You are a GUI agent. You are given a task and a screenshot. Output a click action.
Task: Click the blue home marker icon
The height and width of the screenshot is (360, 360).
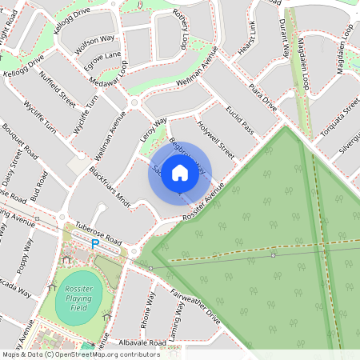pos(180,172)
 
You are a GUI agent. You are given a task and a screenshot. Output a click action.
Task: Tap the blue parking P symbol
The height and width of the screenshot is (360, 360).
pos(95,244)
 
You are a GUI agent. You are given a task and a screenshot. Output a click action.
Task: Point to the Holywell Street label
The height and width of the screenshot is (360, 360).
pos(216,140)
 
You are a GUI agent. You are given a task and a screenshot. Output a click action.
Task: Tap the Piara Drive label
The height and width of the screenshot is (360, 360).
pos(262,95)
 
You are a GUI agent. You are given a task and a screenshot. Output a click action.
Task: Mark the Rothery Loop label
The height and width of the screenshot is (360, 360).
pos(184,30)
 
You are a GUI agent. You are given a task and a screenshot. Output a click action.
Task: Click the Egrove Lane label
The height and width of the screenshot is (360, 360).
pos(102,61)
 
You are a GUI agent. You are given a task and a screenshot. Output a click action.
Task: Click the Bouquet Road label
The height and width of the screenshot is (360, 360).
pos(20,141)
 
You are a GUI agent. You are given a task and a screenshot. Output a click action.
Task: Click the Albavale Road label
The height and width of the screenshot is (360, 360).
pos(141,342)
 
